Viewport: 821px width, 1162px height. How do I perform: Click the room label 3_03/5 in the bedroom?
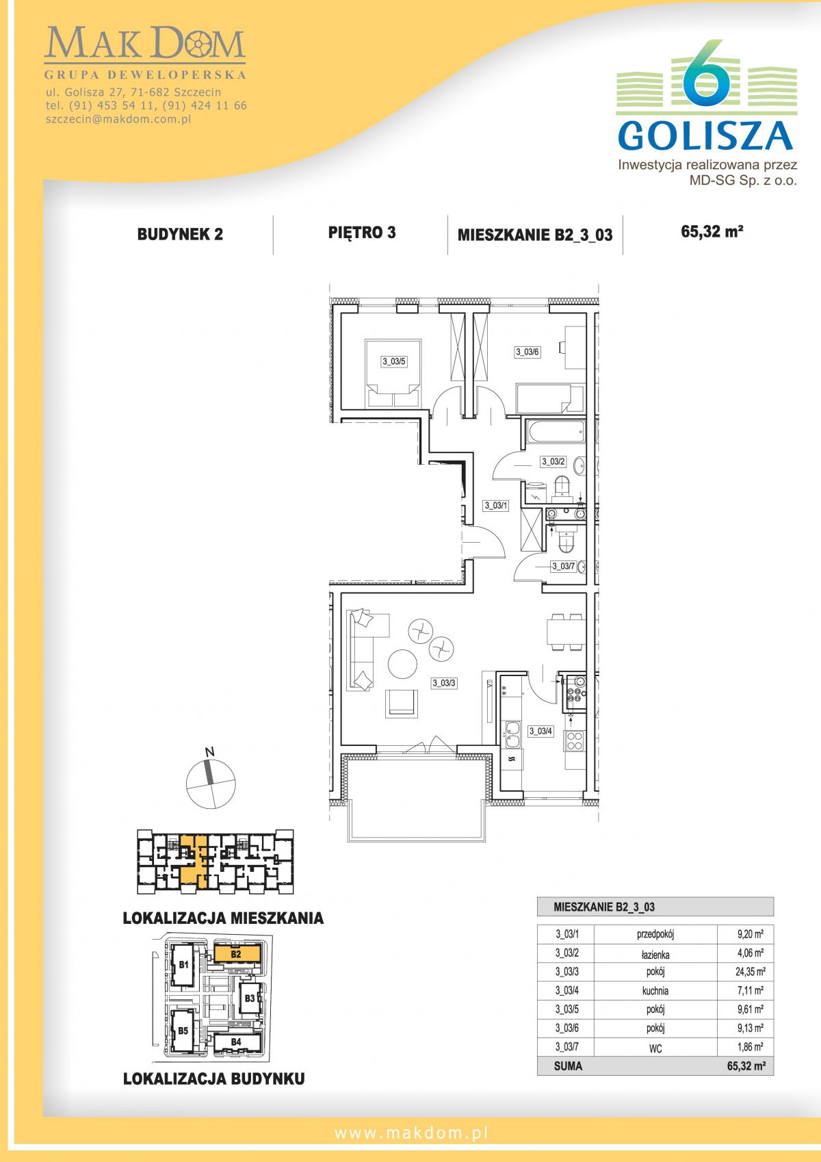pyautogui.click(x=393, y=361)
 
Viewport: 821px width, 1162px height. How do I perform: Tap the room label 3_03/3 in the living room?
pyautogui.click(x=444, y=683)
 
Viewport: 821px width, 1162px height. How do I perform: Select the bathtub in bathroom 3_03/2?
pyautogui.click(x=555, y=432)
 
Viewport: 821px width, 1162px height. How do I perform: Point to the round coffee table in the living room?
pyautogui.click(x=402, y=664)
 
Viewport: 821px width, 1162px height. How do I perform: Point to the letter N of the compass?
pyautogui.click(x=209, y=752)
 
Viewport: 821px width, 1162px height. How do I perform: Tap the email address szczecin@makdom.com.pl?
pyautogui.click(x=118, y=119)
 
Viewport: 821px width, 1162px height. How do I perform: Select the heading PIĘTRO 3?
pyautogui.click(x=362, y=233)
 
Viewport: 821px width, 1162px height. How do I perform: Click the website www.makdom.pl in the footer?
pyautogui.click(x=411, y=1133)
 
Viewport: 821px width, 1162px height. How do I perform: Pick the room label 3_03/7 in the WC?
pyautogui.click(x=562, y=566)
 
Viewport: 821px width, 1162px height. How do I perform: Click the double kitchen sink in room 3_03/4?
pyautogui.click(x=512, y=735)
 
